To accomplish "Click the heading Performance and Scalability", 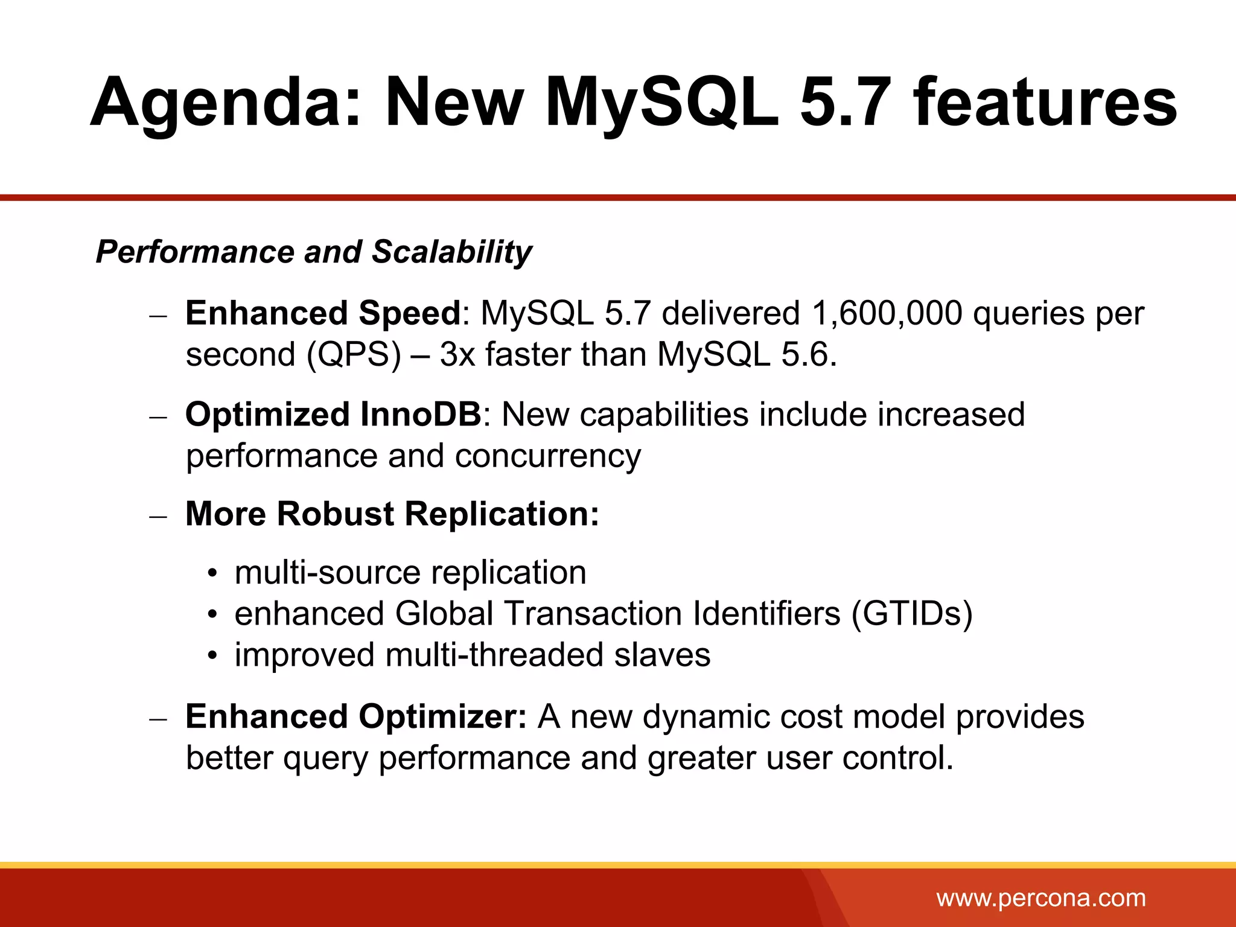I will pyautogui.click(x=314, y=252).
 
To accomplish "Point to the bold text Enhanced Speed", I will pyautogui.click(x=323, y=313).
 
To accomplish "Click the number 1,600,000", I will pyautogui.click(x=887, y=313).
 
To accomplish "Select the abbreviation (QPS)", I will pyautogui.click(x=354, y=354).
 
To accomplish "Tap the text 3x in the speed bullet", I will pyautogui.click(x=457, y=354).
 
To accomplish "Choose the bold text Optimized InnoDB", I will pyautogui.click(x=333, y=415).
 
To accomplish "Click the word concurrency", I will pyautogui.click(x=547, y=456).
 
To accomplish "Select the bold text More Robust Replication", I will pyautogui.click(x=392, y=514).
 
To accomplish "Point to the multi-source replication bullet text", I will pyautogui.click(x=410, y=572).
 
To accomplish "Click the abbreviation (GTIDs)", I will pyautogui.click(x=912, y=613).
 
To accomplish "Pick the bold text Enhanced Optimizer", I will pyautogui.click(x=356, y=717).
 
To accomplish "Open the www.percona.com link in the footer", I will pyautogui.click(x=1041, y=898).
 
